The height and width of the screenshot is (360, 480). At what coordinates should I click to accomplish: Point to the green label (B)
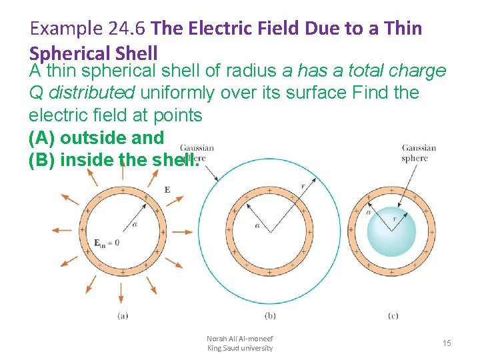(x=42, y=160)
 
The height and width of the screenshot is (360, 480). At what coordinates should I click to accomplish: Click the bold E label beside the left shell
(x=167, y=189)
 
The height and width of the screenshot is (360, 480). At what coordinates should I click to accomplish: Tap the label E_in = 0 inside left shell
(x=106, y=243)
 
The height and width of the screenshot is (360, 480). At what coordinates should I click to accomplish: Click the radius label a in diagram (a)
(x=135, y=225)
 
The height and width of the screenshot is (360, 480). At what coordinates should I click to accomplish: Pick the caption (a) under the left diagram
(x=123, y=315)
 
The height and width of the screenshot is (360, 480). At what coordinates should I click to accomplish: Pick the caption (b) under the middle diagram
(x=270, y=315)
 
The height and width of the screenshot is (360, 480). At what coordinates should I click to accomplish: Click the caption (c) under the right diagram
(x=393, y=315)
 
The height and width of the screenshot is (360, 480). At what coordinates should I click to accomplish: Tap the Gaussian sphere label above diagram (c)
(x=418, y=153)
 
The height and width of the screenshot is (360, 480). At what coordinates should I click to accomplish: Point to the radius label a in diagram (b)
(x=257, y=226)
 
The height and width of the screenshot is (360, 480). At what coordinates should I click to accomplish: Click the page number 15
(x=447, y=343)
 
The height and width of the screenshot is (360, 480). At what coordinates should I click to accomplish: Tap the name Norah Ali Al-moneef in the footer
(x=240, y=339)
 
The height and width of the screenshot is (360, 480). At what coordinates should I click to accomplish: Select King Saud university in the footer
(x=240, y=348)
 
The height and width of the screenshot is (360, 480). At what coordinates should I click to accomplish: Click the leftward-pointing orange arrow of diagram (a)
(x=61, y=231)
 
